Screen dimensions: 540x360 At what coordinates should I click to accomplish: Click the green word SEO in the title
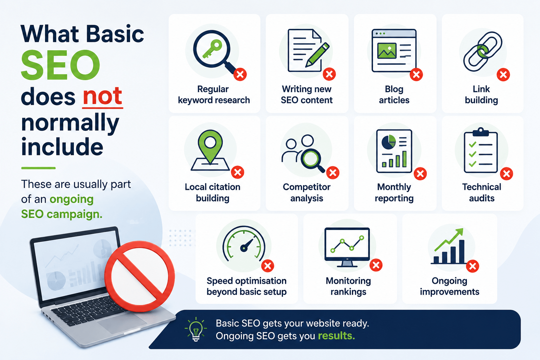(x=60, y=65)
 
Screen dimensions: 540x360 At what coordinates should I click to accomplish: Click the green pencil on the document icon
(x=317, y=55)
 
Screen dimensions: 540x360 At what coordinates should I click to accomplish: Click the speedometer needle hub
(x=244, y=248)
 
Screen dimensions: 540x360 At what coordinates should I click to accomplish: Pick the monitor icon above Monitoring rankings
(x=347, y=247)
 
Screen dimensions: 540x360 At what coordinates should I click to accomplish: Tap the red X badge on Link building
(x=503, y=75)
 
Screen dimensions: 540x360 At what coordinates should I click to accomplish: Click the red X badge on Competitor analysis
(x=333, y=173)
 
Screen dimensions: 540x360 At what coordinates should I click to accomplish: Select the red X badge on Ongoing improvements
(x=472, y=266)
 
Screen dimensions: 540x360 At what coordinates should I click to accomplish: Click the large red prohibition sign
(x=140, y=276)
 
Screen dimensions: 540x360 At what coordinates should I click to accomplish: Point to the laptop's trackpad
(x=122, y=323)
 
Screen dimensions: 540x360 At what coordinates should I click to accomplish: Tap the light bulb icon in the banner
(x=196, y=329)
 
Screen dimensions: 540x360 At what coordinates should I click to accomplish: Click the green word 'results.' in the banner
(x=336, y=336)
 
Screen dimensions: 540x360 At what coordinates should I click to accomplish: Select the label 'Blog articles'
(x=394, y=95)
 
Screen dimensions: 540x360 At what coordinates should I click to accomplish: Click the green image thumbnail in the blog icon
(x=387, y=51)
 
